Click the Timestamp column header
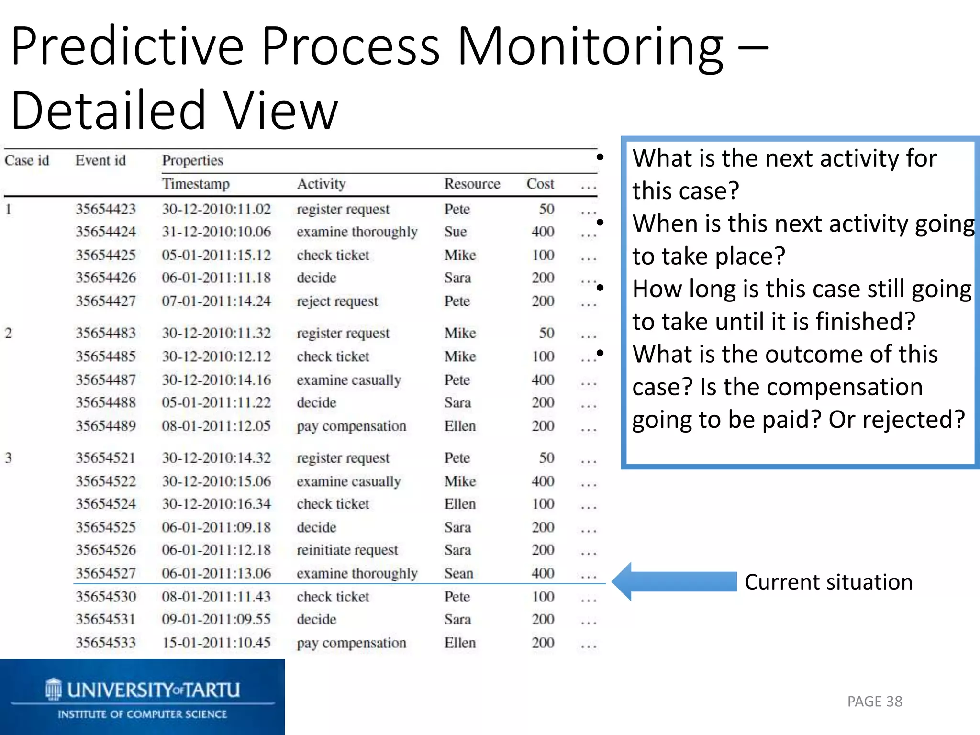[196, 184]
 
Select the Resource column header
[472, 184]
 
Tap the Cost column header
[540, 184]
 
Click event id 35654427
[106, 301]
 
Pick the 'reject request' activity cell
[337, 301]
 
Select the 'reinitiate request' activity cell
[347, 550]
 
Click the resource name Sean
[458, 573]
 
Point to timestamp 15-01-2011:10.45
[216, 643]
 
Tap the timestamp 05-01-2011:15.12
[216, 255]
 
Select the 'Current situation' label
[828, 582]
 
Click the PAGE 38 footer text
[874, 702]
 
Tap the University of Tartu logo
[142, 697]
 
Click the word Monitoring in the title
[590, 46]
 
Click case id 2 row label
[9, 333]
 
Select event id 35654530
[106, 597]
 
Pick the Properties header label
[192, 160]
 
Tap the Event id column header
[100, 160]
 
